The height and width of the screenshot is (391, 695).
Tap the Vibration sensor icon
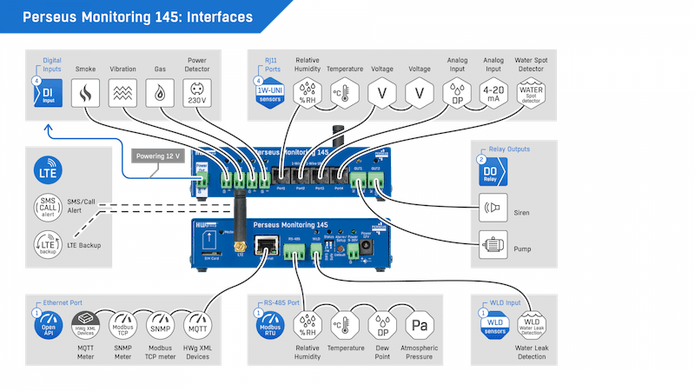pos(122,91)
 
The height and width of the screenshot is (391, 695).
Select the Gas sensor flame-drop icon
pos(161,91)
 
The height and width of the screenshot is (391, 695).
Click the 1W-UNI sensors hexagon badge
pos(270,93)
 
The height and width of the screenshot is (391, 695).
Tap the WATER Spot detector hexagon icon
pos(532,91)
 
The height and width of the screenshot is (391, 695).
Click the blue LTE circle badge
pos(47,170)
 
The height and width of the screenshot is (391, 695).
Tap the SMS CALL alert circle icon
pos(47,209)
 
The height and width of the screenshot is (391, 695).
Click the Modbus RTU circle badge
pos(270,324)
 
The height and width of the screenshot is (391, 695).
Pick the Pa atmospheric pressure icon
pos(418,328)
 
